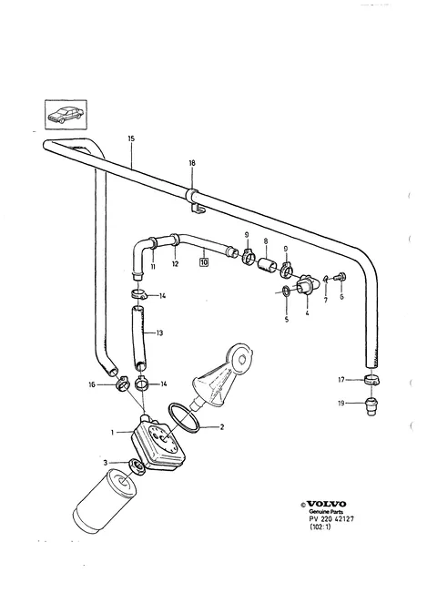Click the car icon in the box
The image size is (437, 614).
click(65, 114)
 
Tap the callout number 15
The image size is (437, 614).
click(131, 138)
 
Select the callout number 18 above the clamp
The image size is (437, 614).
click(192, 163)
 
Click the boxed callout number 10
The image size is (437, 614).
click(204, 262)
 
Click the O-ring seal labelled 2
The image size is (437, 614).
click(184, 418)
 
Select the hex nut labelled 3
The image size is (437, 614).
click(137, 466)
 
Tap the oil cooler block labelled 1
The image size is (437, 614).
click(158, 444)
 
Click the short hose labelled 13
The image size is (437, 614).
click(137, 338)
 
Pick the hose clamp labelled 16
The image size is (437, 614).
click(123, 383)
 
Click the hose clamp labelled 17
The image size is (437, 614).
click(372, 380)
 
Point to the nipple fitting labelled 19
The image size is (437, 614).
click(371, 406)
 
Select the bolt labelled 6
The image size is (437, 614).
click(340, 277)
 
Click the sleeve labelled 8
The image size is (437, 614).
click(268, 265)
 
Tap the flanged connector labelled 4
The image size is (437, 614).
click(306, 285)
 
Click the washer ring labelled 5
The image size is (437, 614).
click(286, 291)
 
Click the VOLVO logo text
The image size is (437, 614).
click(326, 504)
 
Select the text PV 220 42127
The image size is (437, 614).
click(331, 519)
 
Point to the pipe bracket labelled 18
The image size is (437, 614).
click(196, 201)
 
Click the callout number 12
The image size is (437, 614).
click(176, 264)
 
